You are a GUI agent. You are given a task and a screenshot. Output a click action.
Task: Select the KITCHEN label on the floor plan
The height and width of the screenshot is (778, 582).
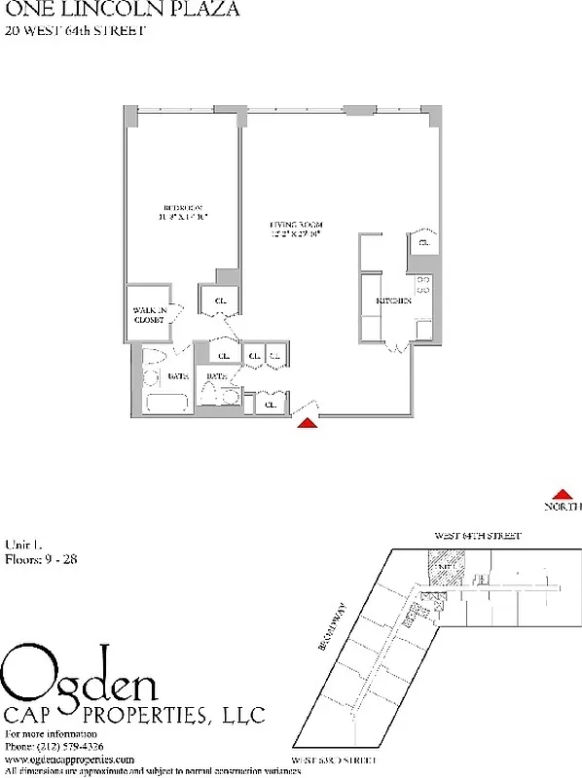point(394,301)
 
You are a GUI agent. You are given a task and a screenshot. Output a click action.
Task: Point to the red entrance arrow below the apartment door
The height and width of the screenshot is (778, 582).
point(308,422)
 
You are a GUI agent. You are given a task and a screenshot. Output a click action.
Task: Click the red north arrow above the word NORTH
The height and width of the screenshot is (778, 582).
point(563,494)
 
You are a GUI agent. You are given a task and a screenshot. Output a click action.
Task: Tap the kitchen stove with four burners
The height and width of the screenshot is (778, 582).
point(423,285)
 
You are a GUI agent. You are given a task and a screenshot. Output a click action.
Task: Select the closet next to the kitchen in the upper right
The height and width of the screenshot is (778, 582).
point(424,242)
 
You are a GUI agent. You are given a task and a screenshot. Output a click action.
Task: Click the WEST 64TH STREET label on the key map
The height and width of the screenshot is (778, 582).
point(477,536)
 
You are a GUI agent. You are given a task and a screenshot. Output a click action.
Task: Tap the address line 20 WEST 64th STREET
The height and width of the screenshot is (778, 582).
point(75,31)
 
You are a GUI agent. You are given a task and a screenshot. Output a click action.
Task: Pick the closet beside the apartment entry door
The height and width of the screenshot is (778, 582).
point(269,403)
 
